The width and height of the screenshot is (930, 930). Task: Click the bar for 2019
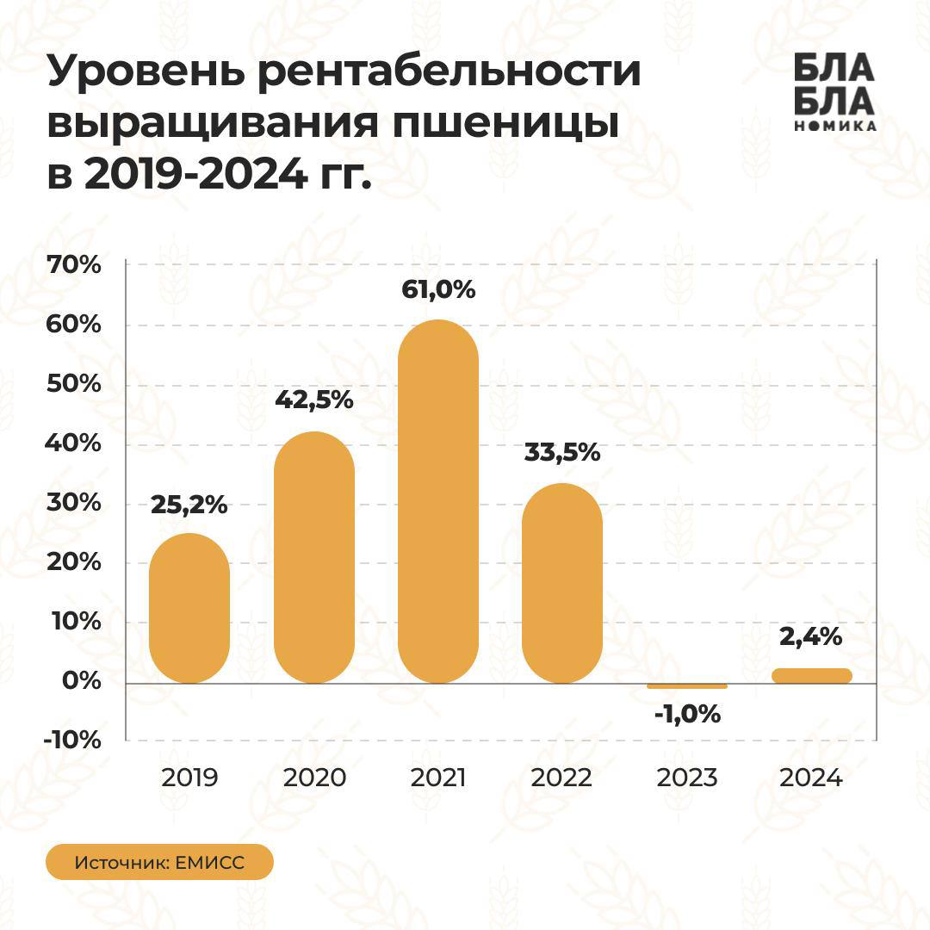(x=189, y=609)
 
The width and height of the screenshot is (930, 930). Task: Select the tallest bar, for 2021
(x=438, y=502)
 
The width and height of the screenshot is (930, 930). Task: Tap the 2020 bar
(x=314, y=557)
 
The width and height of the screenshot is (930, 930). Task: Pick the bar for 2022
(x=562, y=583)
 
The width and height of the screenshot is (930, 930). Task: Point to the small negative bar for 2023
(x=687, y=686)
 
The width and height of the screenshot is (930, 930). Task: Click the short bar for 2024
(x=811, y=676)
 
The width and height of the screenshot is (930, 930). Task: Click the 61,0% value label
(x=438, y=290)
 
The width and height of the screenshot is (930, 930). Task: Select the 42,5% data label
(x=314, y=400)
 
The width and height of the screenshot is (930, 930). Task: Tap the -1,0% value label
(x=686, y=715)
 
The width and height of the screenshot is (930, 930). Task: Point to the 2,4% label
(x=811, y=638)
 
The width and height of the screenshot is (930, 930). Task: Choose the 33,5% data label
(x=562, y=453)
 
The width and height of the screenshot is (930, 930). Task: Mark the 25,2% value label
(x=189, y=505)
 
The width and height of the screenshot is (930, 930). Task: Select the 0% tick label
(x=84, y=681)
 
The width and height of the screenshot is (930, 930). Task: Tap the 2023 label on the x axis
(x=686, y=778)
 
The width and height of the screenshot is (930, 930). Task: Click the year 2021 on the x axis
(x=438, y=778)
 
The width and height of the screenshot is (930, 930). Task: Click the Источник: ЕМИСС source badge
(x=159, y=863)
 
